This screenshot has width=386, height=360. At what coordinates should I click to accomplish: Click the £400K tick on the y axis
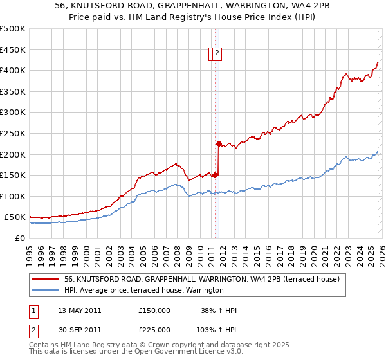[x=13, y=70]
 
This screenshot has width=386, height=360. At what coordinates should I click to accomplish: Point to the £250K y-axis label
[x=13, y=133]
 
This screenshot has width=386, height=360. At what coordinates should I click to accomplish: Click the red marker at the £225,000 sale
[x=219, y=143]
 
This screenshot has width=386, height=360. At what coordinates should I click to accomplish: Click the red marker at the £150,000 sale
[x=215, y=175]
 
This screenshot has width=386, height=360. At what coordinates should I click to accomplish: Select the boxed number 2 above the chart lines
[x=217, y=54]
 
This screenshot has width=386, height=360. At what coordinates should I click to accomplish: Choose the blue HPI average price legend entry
[x=143, y=290]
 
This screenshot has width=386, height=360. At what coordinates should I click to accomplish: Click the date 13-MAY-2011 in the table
[x=79, y=310]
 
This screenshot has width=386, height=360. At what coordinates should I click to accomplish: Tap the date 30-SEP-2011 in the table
[x=79, y=330]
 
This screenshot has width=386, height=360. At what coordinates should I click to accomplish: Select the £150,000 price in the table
[x=154, y=310]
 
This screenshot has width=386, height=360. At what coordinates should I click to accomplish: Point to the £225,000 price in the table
[x=154, y=330]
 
